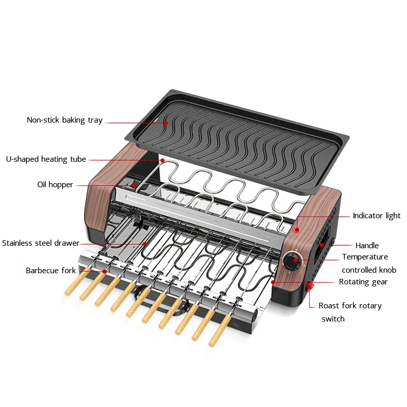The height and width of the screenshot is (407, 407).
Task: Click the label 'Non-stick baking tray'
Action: [x=65, y=120]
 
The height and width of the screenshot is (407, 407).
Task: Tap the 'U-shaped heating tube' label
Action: [x=46, y=159]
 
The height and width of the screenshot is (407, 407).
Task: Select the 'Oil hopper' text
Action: [x=55, y=185]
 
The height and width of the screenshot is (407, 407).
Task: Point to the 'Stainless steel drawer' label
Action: [x=41, y=243]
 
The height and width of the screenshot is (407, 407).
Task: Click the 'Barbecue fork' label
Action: [x=50, y=271]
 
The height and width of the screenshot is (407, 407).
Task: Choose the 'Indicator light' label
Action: [x=376, y=216]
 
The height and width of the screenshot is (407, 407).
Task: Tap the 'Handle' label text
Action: [x=367, y=246]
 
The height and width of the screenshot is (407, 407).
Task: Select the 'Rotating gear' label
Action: [x=363, y=281]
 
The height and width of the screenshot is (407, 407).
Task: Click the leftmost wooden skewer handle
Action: [x=72, y=288]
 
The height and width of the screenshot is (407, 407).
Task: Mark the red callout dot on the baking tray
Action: [x=166, y=122]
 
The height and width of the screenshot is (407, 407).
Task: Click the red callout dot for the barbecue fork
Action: [x=105, y=271]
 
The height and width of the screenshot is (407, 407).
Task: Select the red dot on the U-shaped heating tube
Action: [x=162, y=160]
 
